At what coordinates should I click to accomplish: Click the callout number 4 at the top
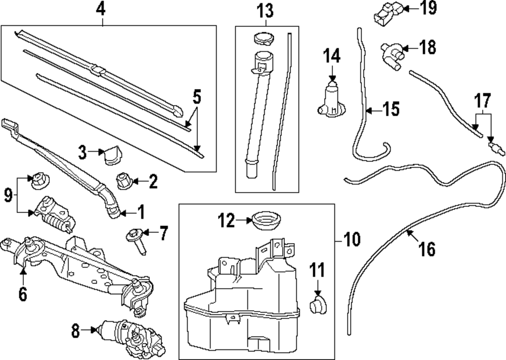coord(103,9)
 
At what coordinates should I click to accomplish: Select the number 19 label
coord(428,8)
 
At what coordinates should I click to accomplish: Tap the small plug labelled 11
coord(318,305)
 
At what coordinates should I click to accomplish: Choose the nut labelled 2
coord(124,180)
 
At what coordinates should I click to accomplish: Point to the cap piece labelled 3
coord(110,155)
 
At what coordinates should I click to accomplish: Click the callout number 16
coord(427,249)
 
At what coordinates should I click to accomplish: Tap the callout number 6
coord(23,293)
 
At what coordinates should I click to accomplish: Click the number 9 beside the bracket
coord(8,195)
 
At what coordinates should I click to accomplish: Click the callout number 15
coord(391,109)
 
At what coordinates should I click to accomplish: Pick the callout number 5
coord(197,96)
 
